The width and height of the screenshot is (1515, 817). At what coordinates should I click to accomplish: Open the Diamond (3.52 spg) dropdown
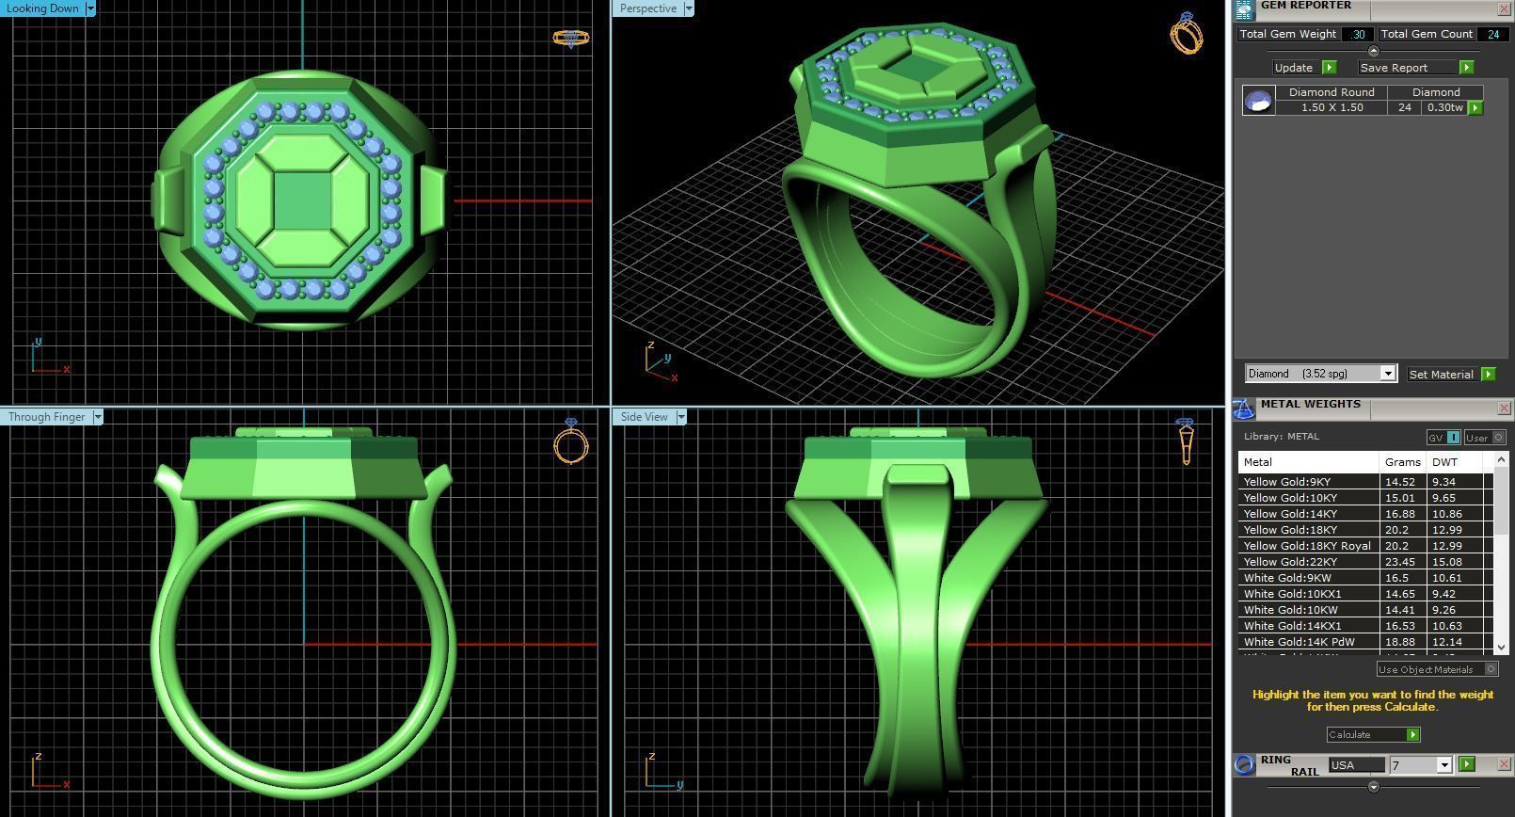pos(1387,374)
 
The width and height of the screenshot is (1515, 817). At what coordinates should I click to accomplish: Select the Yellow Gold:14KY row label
pos(1290,514)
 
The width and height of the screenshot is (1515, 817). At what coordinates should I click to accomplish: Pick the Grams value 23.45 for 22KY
pos(1400,562)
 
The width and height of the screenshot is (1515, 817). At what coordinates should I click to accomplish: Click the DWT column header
pos(1444,462)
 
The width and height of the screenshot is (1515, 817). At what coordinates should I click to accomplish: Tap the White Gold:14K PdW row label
pos(1299,642)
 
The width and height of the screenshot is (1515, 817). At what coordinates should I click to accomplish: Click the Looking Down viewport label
pos(43,8)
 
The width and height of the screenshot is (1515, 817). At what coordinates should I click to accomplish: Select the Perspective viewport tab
pos(647,8)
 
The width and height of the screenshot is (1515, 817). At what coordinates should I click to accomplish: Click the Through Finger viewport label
pos(47,417)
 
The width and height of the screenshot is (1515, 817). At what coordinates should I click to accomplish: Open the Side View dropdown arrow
pos(681,417)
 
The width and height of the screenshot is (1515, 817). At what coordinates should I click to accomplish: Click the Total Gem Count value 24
pos(1492,34)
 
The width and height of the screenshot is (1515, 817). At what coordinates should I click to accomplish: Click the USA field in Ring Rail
pos(1355,765)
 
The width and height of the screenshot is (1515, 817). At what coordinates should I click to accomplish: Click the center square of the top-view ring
pos(303,200)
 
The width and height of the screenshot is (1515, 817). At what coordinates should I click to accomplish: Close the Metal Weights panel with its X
pos(1503,408)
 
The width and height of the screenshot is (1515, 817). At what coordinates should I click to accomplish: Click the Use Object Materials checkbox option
pos(1491,669)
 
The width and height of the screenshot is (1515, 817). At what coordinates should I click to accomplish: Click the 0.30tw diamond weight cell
pos(1444,107)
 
